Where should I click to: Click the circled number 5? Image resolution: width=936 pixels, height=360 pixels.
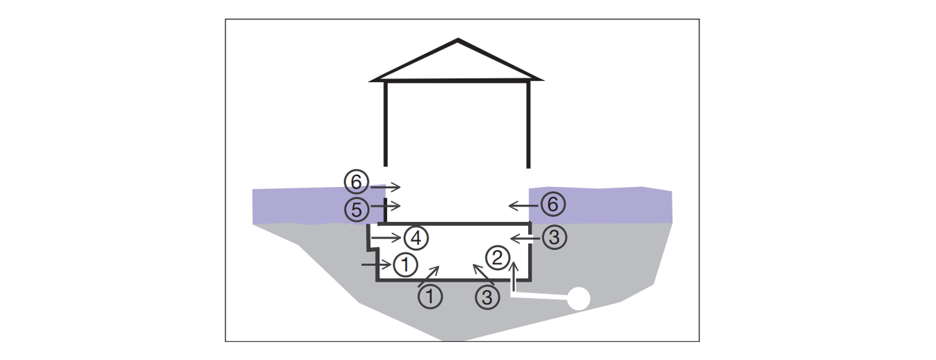pos(356,209)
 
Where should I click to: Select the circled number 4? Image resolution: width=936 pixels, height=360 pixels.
pos(416,238)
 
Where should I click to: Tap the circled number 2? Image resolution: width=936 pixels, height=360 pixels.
pos(497,258)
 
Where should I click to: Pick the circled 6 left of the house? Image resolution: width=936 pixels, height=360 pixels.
pos(356,182)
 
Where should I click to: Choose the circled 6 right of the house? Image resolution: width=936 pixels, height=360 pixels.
pos(552,204)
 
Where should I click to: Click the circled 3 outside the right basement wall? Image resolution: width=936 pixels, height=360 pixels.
pos(554,237)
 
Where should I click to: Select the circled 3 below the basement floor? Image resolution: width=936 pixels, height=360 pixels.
pos(487,297)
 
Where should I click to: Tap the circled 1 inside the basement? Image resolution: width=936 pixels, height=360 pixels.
pos(405,264)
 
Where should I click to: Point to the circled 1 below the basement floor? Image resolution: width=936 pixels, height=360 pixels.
pos(430,296)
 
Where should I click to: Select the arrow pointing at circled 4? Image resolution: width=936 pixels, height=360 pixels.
pos(386,237)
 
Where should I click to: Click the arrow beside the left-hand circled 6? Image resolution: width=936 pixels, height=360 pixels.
pos(386,187)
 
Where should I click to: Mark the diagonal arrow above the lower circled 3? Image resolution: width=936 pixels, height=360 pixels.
pos(483,274)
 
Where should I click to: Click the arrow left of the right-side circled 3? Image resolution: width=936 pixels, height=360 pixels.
pos(525,239)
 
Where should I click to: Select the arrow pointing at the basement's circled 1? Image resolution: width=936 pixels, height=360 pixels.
pos(377,264)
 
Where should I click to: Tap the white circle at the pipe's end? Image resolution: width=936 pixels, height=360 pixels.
pos(578,298)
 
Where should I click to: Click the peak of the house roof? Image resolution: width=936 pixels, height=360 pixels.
pos(458,39)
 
